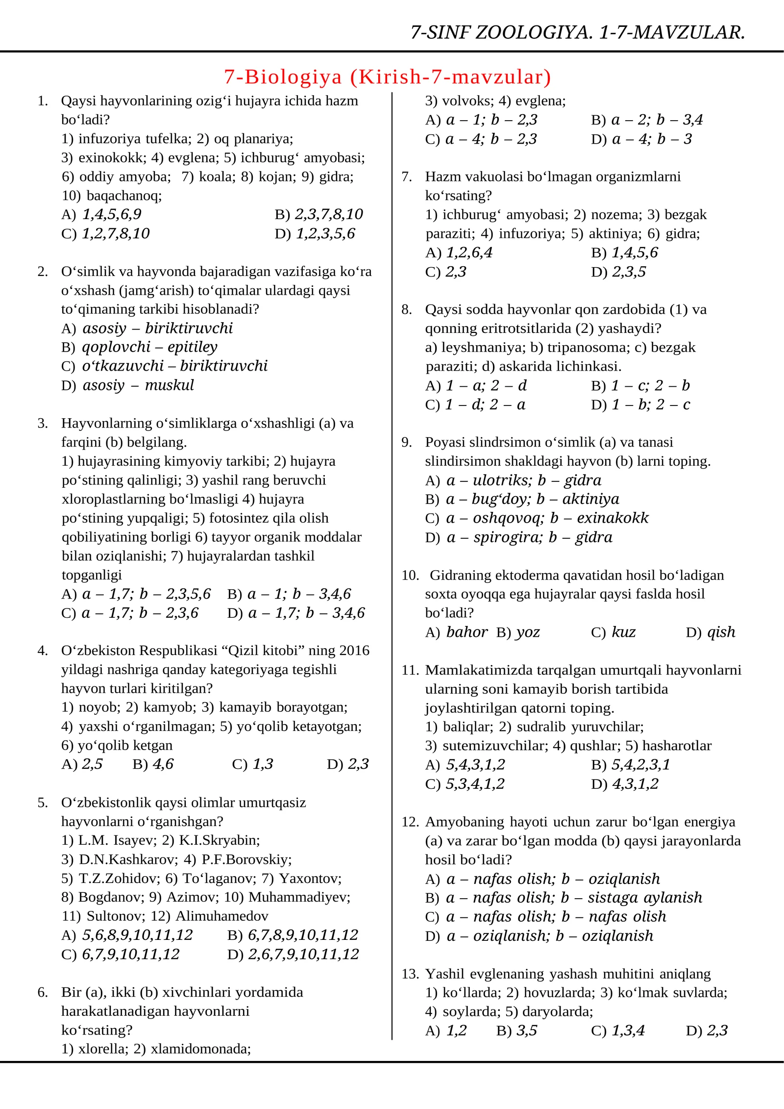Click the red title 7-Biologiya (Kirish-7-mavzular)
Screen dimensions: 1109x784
point(388,77)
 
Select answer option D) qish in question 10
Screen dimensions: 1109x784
point(710,632)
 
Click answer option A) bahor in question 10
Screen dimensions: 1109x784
point(457,632)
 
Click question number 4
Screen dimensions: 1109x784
point(43,651)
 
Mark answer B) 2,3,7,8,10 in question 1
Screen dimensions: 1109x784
point(319,214)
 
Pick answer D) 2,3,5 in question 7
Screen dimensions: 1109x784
point(619,272)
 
